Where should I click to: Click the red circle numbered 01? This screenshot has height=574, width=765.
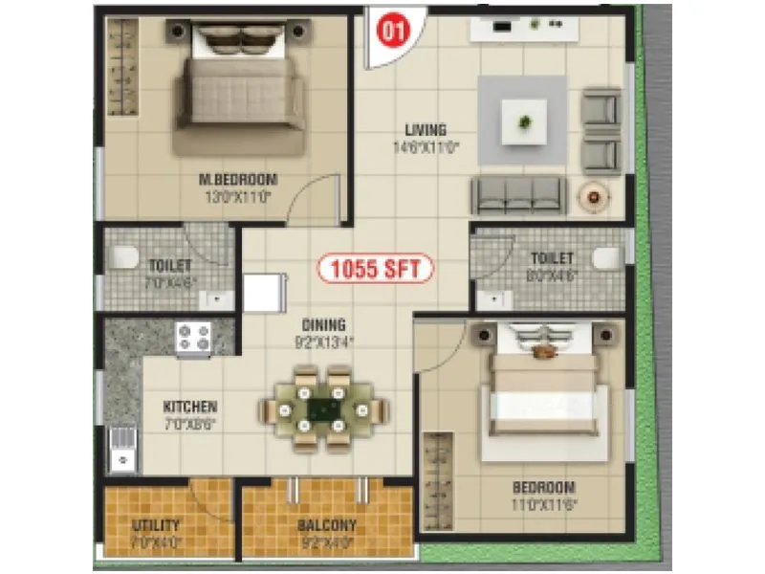(x=390, y=29)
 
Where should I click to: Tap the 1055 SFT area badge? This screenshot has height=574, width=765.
(x=375, y=269)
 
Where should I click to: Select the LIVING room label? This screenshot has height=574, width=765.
(x=426, y=130)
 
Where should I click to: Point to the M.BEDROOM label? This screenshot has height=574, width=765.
(x=237, y=179)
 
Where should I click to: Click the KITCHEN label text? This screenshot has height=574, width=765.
(x=190, y=407)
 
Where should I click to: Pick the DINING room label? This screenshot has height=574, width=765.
(x=321, y=325)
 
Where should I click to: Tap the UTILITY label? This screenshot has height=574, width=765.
(x=156, y=525)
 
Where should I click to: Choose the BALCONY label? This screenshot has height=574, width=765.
(x=326, y=525)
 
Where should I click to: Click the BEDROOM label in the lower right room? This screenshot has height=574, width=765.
(x=543, y=487)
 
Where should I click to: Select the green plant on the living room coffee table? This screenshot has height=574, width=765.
(x=523, y=121)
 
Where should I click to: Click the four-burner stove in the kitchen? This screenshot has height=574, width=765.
(x=194, y=338)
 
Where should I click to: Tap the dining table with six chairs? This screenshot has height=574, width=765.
(x=325, y=409)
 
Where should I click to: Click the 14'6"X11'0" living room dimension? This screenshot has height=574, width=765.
(x=426, y=147)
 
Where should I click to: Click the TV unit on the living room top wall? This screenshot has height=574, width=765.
(x=524, y=29)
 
